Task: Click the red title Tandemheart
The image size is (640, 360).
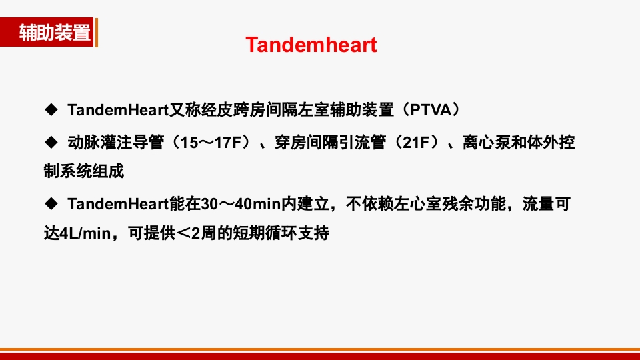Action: tap(311, 45)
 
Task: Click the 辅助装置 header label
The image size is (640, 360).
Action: tap(55, 33)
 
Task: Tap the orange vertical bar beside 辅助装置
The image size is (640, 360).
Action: tap(96, 33)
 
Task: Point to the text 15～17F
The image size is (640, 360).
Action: tap(213, 143)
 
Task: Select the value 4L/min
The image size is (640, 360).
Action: tap(85, 234)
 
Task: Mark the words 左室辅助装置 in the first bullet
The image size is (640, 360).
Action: tap(341, 109)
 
